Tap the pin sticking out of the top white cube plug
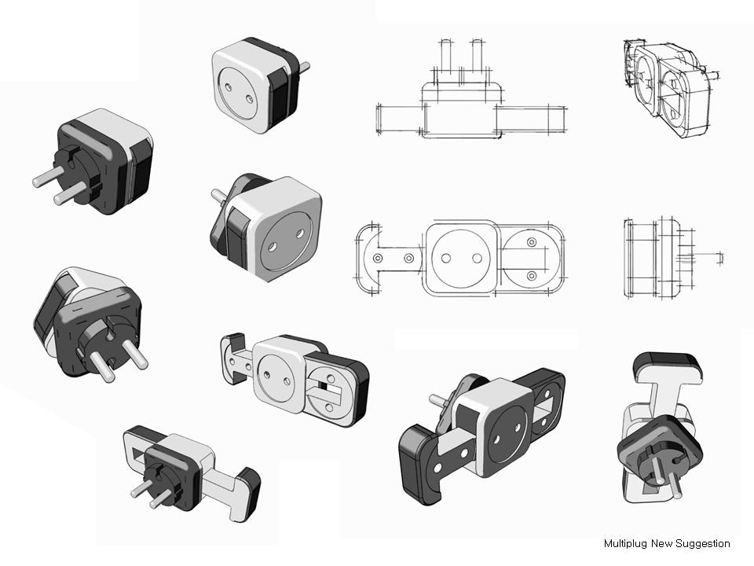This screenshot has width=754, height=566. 305,68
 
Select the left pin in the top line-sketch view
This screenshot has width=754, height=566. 445,60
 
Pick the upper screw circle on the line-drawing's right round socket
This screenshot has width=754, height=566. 532,241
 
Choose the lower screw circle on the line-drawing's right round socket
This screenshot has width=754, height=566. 532,276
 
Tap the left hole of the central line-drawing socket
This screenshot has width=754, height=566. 445,258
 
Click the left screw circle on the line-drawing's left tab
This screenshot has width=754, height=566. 378,258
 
